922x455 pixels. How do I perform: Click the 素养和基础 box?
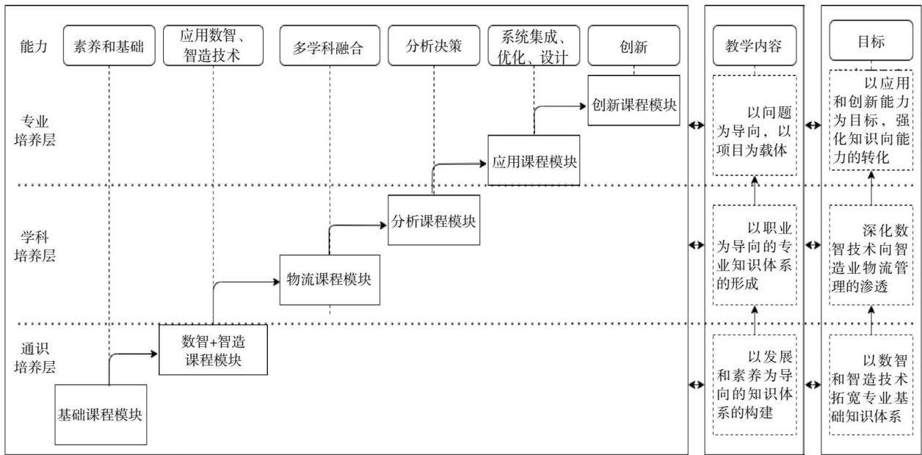click(x=109, y=45)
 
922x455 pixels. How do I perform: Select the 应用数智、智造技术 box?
click(x=213, y=45)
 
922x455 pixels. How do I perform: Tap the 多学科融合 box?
click(x=330, y=45)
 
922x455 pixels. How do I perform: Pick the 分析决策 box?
click(x=434, y=45)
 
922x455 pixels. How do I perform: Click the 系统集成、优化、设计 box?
click(x=534, y=45)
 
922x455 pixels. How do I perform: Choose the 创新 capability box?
click(x=634, y=45)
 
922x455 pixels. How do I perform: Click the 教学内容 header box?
click(x=755, y=45)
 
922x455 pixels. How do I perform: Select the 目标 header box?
click(x=871, y=40)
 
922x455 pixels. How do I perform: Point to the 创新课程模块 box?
click(x=634, y=101)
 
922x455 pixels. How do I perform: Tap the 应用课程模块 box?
click(x=534, y=160)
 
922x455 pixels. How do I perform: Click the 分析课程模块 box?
click(x=434, y=220)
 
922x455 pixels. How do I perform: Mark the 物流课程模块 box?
click(x=330, y=280)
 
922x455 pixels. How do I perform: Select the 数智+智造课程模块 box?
click(x=213, y=349)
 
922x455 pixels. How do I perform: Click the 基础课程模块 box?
click(x=101, y=415)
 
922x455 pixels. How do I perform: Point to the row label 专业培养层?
click(x=35, y=131)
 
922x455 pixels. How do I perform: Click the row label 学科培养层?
click(x=35, y=247)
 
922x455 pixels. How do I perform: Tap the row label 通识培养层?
click(x=35, y=358)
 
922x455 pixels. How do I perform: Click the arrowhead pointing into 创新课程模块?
click(x=584, y=106)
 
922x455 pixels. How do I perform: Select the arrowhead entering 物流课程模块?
click(x=276, y=282)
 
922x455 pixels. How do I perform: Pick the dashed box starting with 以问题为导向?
click(x=755, y=125)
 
